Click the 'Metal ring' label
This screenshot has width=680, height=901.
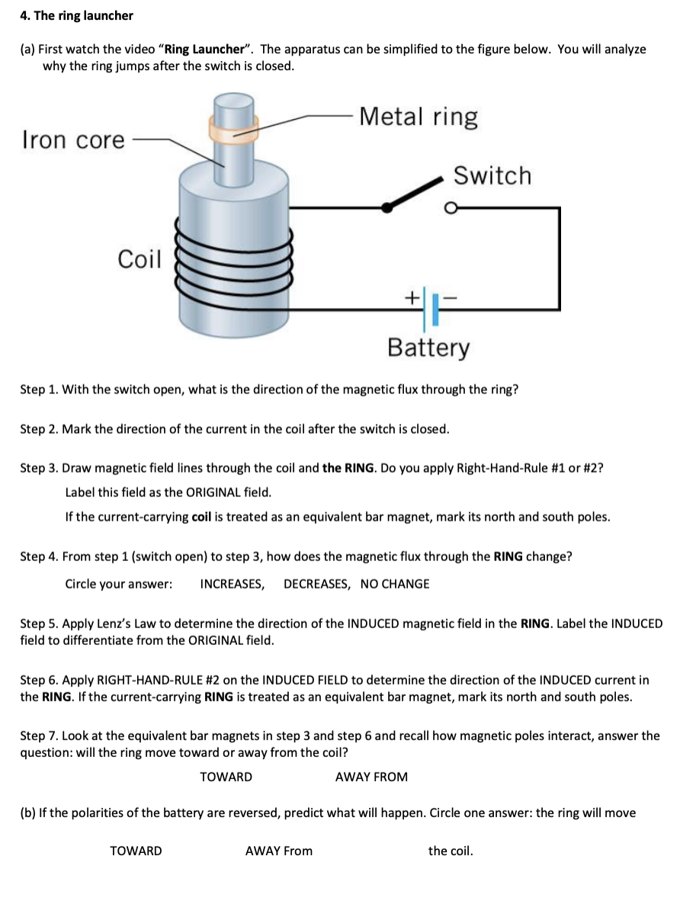pos(419,117)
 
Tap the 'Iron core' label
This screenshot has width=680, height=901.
pos(73,140)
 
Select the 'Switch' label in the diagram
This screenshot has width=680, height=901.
pos(492,176)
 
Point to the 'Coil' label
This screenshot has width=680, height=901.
pos(140,260)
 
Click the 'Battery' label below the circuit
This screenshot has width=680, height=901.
pos(428,348)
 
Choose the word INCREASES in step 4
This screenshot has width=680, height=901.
pos(232,584)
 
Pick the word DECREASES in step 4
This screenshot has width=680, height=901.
pos(316,584)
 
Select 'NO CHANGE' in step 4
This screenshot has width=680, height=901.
pos(395,584)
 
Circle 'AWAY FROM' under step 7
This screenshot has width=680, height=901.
pos(371,777)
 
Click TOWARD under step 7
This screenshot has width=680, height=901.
pos(226,777)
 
